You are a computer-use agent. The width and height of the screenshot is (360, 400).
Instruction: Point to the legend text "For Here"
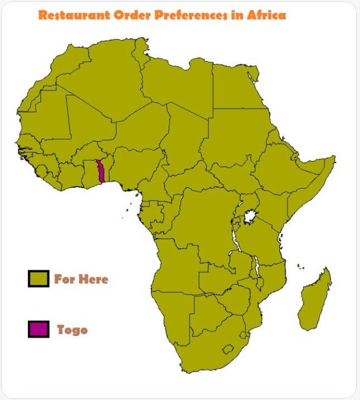tap(81, 279)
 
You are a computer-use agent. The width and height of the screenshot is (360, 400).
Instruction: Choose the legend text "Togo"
tap(72, 329)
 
